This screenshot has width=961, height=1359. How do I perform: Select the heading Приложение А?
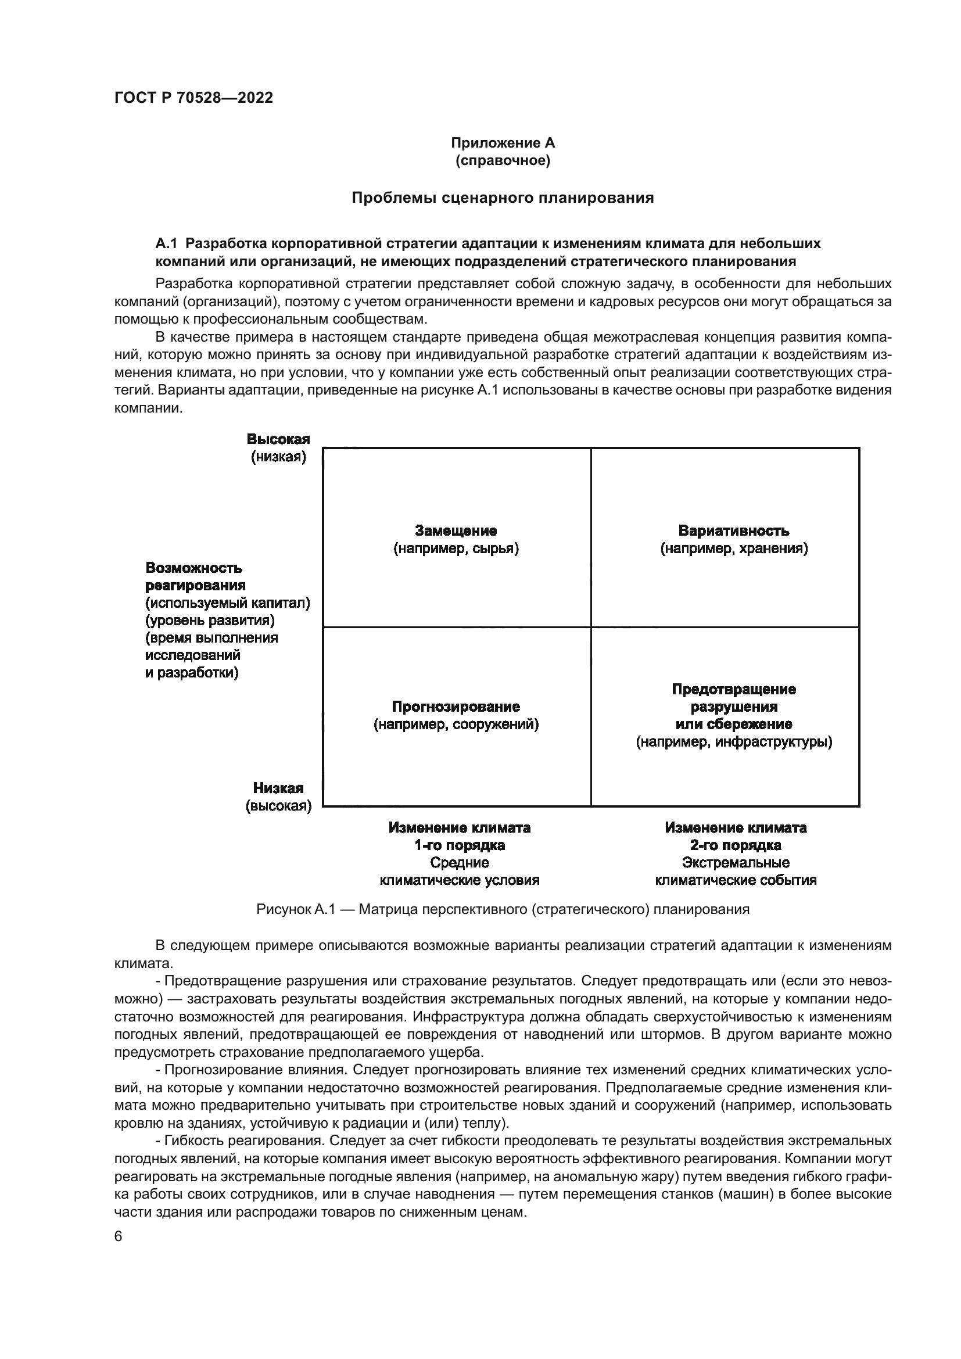click(503, 143)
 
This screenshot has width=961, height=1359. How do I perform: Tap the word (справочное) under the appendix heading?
click(503, 160)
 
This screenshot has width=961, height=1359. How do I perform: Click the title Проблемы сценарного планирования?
click(503, 198)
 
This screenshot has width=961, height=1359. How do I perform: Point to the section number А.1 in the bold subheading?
click(166, 243)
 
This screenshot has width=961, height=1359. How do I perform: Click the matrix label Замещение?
click(456, 530)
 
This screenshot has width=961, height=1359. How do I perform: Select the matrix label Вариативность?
click(734, 530)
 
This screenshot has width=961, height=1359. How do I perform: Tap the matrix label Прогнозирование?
click(456, 707)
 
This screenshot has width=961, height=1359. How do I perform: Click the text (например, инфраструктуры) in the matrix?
click(734, 741)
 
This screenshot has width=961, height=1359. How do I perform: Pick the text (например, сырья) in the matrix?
click(456, 548)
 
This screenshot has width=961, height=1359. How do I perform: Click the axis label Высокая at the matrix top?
click(278, 439)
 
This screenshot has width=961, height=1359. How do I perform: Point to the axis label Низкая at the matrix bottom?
click(278, 788)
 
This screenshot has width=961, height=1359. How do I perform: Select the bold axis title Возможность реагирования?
click(195, 576)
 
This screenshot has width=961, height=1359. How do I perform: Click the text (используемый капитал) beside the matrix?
click(228, 603)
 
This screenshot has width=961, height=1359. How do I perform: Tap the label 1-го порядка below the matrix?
click(459, 845)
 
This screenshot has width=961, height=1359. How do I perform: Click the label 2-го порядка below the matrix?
click(736, 845)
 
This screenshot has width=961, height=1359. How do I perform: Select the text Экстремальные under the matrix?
click(736, 862)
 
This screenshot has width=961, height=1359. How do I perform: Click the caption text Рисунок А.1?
click(296, 909)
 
